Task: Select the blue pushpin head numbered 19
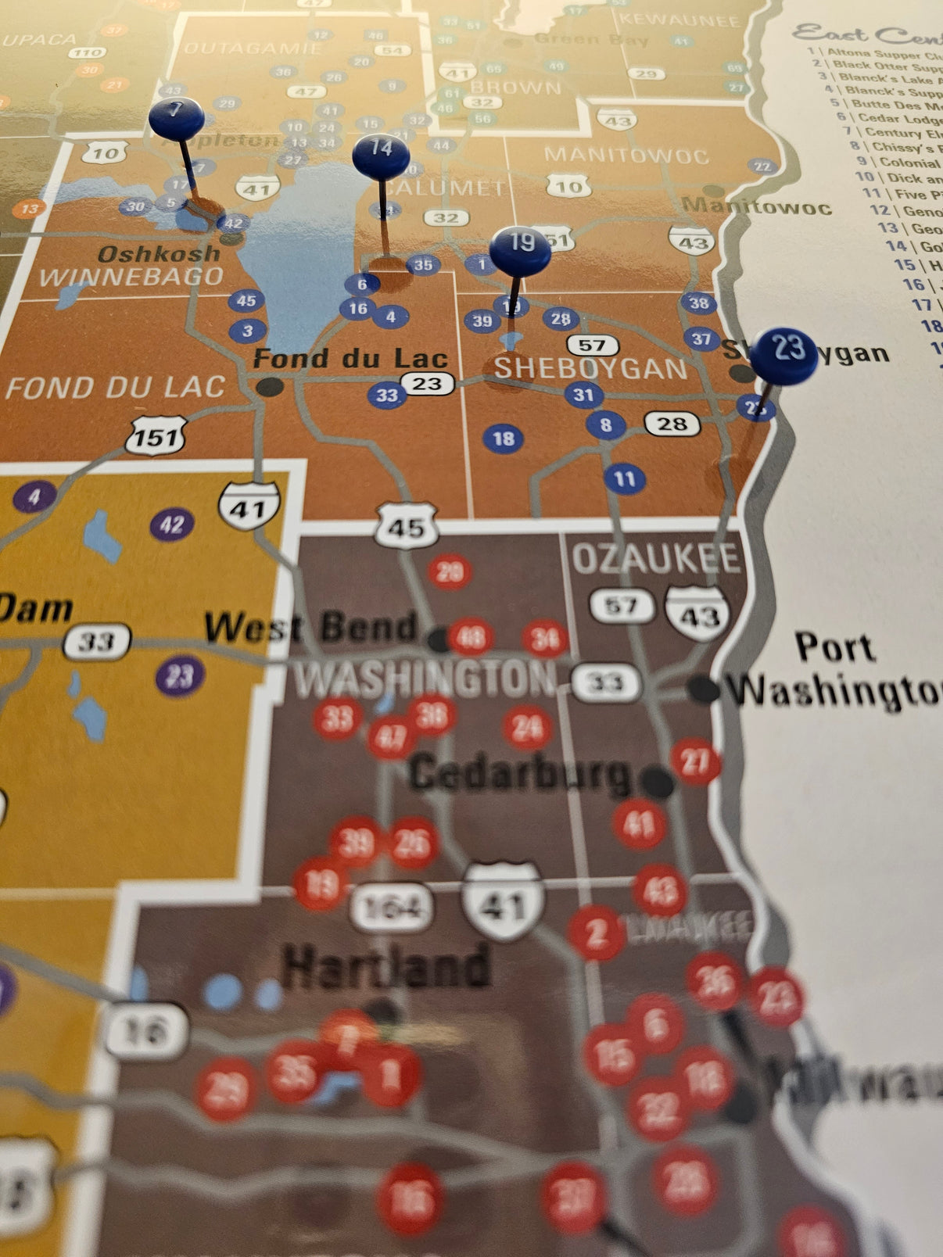coord(520,249)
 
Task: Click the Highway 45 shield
coord(406,526)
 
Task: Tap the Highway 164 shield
coord(392,907)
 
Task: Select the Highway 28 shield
coord(672,424)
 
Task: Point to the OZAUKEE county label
coord(655,558)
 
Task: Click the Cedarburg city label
coord(520,773)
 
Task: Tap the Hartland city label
coord(387,966)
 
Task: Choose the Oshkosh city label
coord(159,253)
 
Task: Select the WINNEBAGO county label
coord(131,276)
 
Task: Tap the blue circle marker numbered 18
coord(504,438)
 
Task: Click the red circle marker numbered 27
coord(695,761)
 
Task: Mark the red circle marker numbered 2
coord(597,932)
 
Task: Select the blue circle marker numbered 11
coord(625,478)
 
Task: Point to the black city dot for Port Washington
coord(703,689)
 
